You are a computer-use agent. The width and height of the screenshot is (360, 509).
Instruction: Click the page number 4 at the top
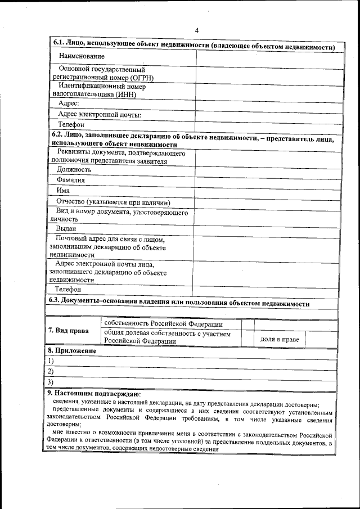pos(196,30)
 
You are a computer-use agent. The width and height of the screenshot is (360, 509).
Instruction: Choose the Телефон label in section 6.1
pos(71,125)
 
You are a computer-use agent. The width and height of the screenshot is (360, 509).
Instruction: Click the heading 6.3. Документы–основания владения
pos(179,302)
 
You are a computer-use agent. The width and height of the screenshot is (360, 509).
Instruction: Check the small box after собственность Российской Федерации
pos(247,324)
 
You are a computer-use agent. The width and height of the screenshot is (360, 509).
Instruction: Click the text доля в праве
pos(279,340)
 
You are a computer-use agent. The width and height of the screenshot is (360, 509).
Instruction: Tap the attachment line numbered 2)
pos(191,372)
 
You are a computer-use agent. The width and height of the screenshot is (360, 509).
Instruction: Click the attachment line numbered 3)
pos(191,382)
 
